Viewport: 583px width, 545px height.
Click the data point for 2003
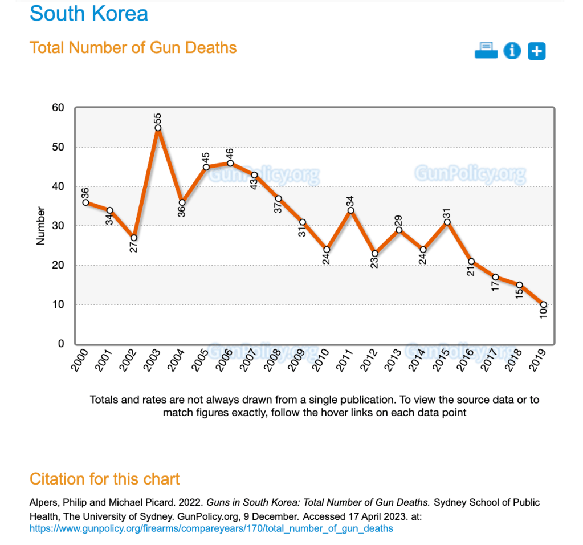[158, 128]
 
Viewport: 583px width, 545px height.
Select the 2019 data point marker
[544, 304]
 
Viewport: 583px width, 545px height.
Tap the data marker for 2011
[350, 210]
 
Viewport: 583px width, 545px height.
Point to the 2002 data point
[133, 238]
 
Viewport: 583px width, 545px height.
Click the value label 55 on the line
[158, 119]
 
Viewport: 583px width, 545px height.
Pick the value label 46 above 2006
[230, 154]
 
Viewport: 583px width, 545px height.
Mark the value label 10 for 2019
[544, 312]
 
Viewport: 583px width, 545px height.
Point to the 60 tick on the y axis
[58, 108]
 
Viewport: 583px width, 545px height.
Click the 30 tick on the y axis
[58, 226]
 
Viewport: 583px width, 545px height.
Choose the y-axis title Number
[40, 226]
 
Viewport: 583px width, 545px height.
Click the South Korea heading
[89, 13]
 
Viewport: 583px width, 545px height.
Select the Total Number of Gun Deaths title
[133, 47]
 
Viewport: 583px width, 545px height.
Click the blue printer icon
[486, 51]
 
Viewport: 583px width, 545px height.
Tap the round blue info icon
[512, 51]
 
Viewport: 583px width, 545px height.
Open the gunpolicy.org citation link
[211, 528]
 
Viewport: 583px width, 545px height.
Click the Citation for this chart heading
[105, 479]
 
